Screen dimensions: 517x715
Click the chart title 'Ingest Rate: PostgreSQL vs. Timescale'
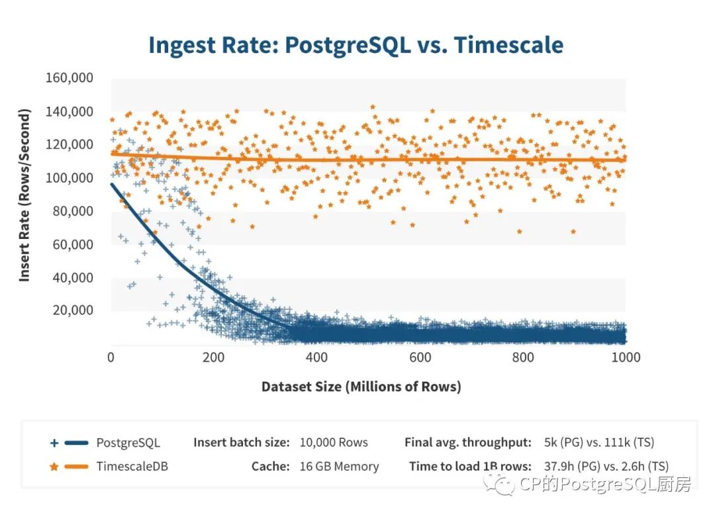coord(356,45)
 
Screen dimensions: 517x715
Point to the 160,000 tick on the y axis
coord(69,78)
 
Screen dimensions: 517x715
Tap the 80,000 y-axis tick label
coord(71,211)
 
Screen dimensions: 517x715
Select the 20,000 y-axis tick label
coord(71,310)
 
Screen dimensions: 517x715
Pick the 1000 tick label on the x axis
coord(626,357)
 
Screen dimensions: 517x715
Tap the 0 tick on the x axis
coord(111,357)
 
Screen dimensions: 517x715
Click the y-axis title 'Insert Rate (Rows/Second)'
coord(25,196)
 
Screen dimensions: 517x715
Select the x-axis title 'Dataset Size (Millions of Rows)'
coord(361,387)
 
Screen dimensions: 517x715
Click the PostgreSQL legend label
coord(128,442)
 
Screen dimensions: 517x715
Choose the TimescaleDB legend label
coord(132,466)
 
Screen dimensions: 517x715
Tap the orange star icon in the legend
coord(54,467)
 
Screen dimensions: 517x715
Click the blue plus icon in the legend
coord(54,442)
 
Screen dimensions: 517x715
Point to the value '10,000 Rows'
coord(334,442)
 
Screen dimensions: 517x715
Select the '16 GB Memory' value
coord(339,466)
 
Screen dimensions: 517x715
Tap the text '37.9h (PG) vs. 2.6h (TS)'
coord(604,466)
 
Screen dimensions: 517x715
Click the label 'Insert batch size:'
coord(241,442)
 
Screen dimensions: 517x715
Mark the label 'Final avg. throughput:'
coord(468,442)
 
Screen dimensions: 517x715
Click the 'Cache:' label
coord(270,466)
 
